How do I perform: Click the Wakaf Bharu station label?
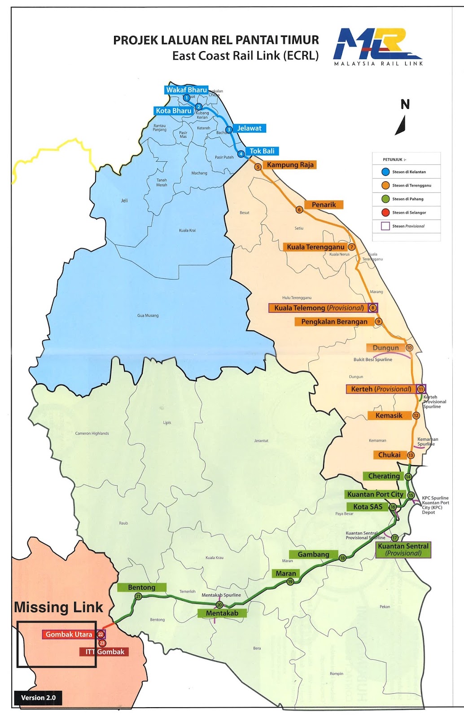pyautogui.click(x=186, y=90)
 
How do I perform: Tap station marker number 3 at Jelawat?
pyautogui.click(x=229, y=130)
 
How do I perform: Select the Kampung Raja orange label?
pyautogui.click(x=290, y=165)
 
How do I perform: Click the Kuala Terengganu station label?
pyautogui.click(x=315, y=247)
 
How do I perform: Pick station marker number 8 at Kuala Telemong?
pyautogui.click(x=372, y=308)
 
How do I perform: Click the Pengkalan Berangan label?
pyautogui.click(x=334, y=322)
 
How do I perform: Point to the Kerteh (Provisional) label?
pyautogui.click(x=381, y=389)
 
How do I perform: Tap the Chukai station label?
pyautogui.click(x=389, y=455)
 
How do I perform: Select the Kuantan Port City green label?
pyautogui.click(x=375, y=494)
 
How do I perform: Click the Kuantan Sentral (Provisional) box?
pyautogui.click(x=403, y=549)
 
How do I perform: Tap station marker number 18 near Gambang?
pyautogui.click(x=342, y=558)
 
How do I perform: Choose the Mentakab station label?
pyautogui.click(x=222, y=613)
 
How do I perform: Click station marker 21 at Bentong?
pyautogui.click(x=138, y=596)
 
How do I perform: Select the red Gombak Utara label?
pyautogui.click(x=69, y=635)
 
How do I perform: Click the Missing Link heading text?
pyautogui.click(x=58, y=607)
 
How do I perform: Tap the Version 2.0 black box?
pyautogui.click(x=38, y=697)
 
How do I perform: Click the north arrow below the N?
pyautogui.click(x=401, y=126)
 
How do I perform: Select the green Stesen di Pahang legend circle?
pyautogui.click(x=385, y=199)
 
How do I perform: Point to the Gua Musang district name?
pyautogui.click(x=148, y=315)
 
